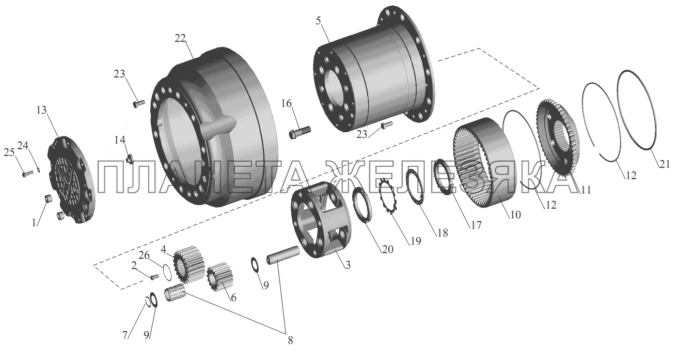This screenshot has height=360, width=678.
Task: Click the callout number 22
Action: tap(180, 38)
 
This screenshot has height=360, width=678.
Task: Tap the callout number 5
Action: tap(318, 21)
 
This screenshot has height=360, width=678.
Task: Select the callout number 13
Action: tap(41, 110)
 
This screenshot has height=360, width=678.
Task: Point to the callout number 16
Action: tap(287, 103)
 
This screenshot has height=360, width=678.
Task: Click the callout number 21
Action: tap(665, 164)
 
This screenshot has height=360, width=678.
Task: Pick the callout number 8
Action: tap(290, 340)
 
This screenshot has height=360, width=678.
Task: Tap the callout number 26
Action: tap(144, 255)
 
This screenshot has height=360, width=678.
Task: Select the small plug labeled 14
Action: tap(130, 159)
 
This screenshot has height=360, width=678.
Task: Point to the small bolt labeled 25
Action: tap(28, 174)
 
